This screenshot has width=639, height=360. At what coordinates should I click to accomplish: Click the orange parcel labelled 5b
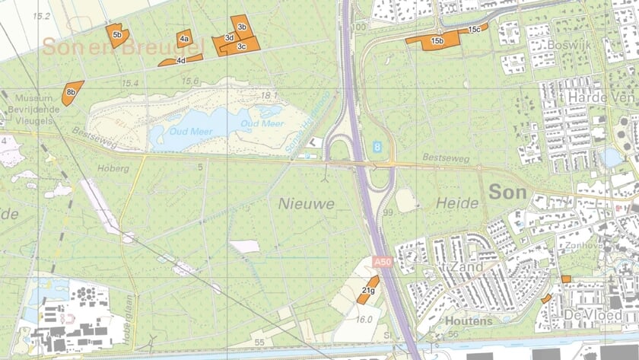[x=116, y=35]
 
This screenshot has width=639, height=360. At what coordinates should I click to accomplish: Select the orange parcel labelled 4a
[x=184, y=37]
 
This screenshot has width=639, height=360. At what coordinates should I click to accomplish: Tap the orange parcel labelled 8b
[x=71, y=92]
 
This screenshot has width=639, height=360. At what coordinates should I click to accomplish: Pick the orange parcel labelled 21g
[x=368, y=290]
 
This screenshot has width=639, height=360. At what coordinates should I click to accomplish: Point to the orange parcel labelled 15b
[x=437, y=40]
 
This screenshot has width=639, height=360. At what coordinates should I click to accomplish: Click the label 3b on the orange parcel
[x=242, y=27]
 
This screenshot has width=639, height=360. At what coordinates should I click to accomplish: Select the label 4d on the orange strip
[x=180, y=60]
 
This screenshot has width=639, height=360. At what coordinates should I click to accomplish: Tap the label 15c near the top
[x=474, y=29]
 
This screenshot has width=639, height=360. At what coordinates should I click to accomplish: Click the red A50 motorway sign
[x=382, y=263]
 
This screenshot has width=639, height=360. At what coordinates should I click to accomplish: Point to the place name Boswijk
[x=564, y=45]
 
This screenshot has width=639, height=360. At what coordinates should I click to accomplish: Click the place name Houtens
[x=469, y=321]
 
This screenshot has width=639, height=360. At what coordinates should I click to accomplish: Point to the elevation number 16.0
[x=364, y=320]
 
